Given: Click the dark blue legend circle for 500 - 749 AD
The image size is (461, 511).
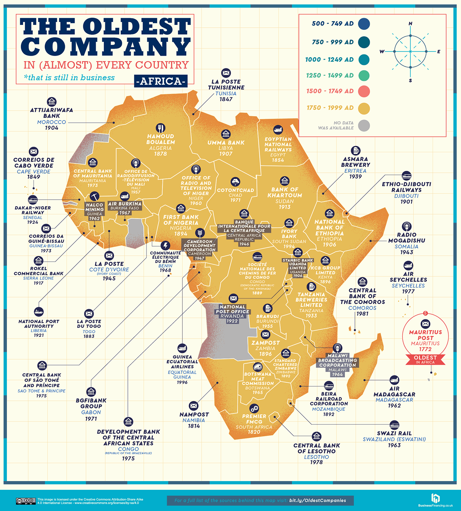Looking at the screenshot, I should click(364, 24).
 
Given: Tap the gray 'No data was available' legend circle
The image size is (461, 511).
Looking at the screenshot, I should click(364, 126).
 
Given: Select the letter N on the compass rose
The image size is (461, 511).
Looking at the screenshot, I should click(410, 24).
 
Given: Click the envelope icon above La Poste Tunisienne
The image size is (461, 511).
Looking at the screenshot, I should click(226, 73).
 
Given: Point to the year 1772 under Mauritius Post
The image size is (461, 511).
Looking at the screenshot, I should click(425, 349).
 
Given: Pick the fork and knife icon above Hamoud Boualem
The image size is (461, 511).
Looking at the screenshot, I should click(161, 128).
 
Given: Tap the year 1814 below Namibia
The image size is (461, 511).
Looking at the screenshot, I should click(194, 426).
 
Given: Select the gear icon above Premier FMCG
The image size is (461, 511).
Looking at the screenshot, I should click(254, 408).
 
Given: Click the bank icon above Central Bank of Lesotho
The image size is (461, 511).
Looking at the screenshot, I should click(317, 437).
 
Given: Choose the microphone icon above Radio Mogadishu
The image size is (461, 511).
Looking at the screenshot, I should click(406, 226).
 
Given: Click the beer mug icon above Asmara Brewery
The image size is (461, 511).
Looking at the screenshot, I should click(355, 150).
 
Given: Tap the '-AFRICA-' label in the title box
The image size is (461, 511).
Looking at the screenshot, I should click(161, 81).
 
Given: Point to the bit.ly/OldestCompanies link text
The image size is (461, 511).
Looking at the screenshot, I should click(317, 500).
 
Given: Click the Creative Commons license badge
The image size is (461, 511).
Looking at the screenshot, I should click(26, 501).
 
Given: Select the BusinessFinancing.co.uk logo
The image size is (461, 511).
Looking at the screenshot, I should click(435, 500).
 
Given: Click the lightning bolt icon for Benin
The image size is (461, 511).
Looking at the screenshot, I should click(165, 245).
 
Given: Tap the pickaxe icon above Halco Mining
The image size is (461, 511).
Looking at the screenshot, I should click(94, 196).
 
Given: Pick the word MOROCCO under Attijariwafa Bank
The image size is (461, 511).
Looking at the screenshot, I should click(51, 122).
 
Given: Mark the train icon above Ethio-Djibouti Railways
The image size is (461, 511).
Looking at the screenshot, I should click(406, 176).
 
